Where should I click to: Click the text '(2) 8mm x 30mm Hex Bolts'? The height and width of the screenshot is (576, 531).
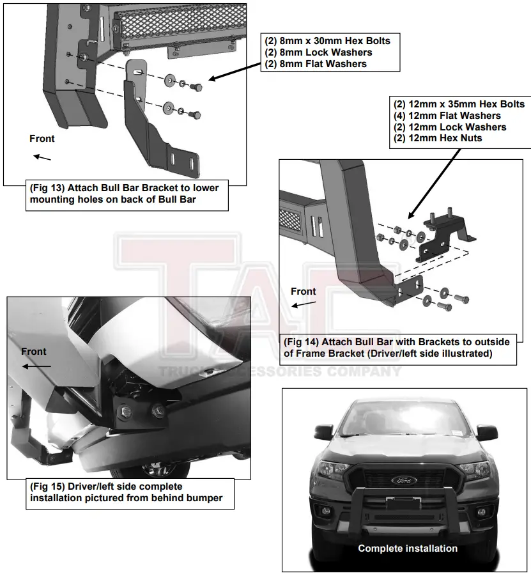[327, 41]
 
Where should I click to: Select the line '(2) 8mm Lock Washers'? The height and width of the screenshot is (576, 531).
[318, 52]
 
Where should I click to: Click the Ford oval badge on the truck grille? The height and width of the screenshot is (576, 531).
[404, 480]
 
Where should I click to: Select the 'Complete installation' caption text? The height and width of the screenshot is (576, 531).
[408, 549]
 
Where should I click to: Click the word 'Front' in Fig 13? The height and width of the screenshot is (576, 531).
[42, 139]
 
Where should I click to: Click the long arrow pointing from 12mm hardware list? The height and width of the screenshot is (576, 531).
[435, 183]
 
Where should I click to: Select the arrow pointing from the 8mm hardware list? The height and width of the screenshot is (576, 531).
[234, 70]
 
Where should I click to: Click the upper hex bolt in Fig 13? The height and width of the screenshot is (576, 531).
[196, 86]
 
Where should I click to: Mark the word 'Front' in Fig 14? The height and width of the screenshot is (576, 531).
[304, 292]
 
